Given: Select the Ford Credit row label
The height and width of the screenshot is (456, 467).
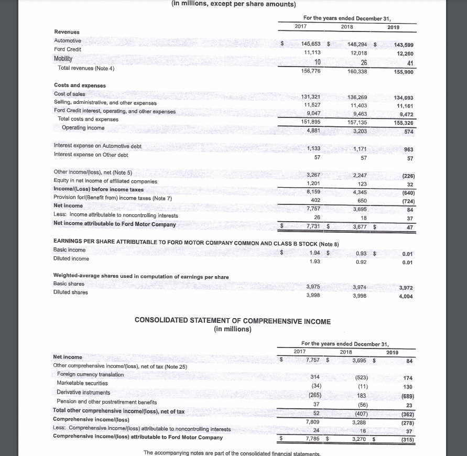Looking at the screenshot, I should click(x=68, y=49).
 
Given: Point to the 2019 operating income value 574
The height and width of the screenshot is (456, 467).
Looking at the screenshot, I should click(x=409, y=132).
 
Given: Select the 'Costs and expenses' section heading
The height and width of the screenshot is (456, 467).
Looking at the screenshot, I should click(x=80, y=85).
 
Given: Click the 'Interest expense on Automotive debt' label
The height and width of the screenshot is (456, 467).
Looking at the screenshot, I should click(x=97, y=146).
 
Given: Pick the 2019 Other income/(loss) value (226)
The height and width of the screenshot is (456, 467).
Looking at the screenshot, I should click(x=407, y=176).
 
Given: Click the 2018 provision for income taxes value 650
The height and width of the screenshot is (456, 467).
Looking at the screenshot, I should click(x=362, y=200).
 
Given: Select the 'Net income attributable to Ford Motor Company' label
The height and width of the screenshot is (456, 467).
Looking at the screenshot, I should click(x=115, y=224).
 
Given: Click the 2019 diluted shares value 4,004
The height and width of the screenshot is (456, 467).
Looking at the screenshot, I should click(x=406, y=296).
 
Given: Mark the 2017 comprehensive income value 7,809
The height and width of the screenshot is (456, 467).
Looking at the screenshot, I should click(x=313, y=421).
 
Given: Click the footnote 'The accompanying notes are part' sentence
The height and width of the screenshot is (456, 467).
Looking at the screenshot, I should click(x=233, y=453).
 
